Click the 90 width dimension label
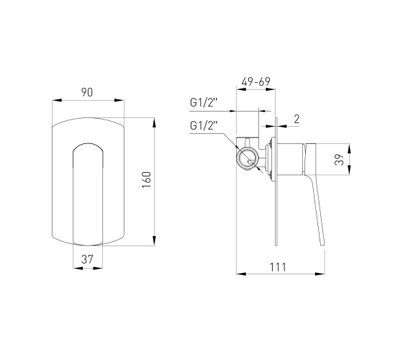87,92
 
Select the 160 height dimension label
147,180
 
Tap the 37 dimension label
87,259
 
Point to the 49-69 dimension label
255,81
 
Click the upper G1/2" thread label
204,102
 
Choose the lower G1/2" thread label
204,126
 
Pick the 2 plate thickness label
296,119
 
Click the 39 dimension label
339,159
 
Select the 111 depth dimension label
278,267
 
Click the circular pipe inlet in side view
247,158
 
